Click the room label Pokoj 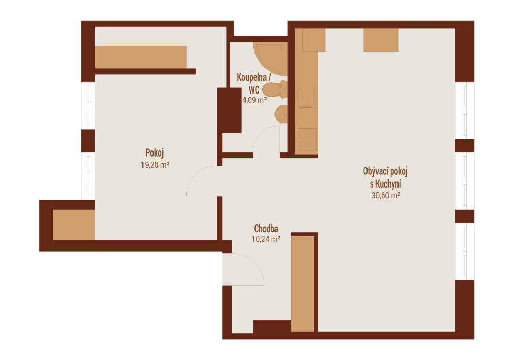click(x=155, y=153)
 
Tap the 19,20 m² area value click(x=155, y=165)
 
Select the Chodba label click(x=266, y=228)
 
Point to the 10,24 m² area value click(x=266, y=239)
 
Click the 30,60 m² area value click(x=386, y=196)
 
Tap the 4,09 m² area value click(x=254, y=100)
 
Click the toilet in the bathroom click(x=275, y=89)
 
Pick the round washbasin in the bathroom click(x=281, y=114)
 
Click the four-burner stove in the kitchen click(x=307, y=139)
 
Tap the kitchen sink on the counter click(x=307, y=97)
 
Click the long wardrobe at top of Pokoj click(x=140, y=57)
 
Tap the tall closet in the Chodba click(x=303, y=284)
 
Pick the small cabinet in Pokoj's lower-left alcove click(x=74, y=225)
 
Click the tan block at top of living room click(x=381, y=40)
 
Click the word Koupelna click(x=251, y=78)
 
